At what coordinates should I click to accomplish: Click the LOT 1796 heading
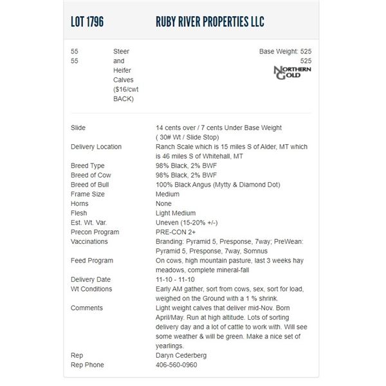(87, 22)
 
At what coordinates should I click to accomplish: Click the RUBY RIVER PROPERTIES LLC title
(210, 22)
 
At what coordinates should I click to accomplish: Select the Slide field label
(78, 128)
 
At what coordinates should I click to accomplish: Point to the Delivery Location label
(96, 147)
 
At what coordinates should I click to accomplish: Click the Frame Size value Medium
(168, 194)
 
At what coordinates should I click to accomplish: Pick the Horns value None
(163, 203)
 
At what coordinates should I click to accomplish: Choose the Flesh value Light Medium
(176, 213)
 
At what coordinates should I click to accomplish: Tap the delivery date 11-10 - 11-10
(176, 279)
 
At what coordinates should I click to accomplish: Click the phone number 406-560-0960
(176, 365)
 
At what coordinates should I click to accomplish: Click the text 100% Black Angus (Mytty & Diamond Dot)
(218, 185)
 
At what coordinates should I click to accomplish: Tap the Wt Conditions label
(91, 289)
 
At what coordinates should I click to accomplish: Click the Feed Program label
(92, 261)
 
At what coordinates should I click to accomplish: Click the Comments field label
(87, 308)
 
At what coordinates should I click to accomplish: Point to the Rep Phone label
(87, 365)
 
